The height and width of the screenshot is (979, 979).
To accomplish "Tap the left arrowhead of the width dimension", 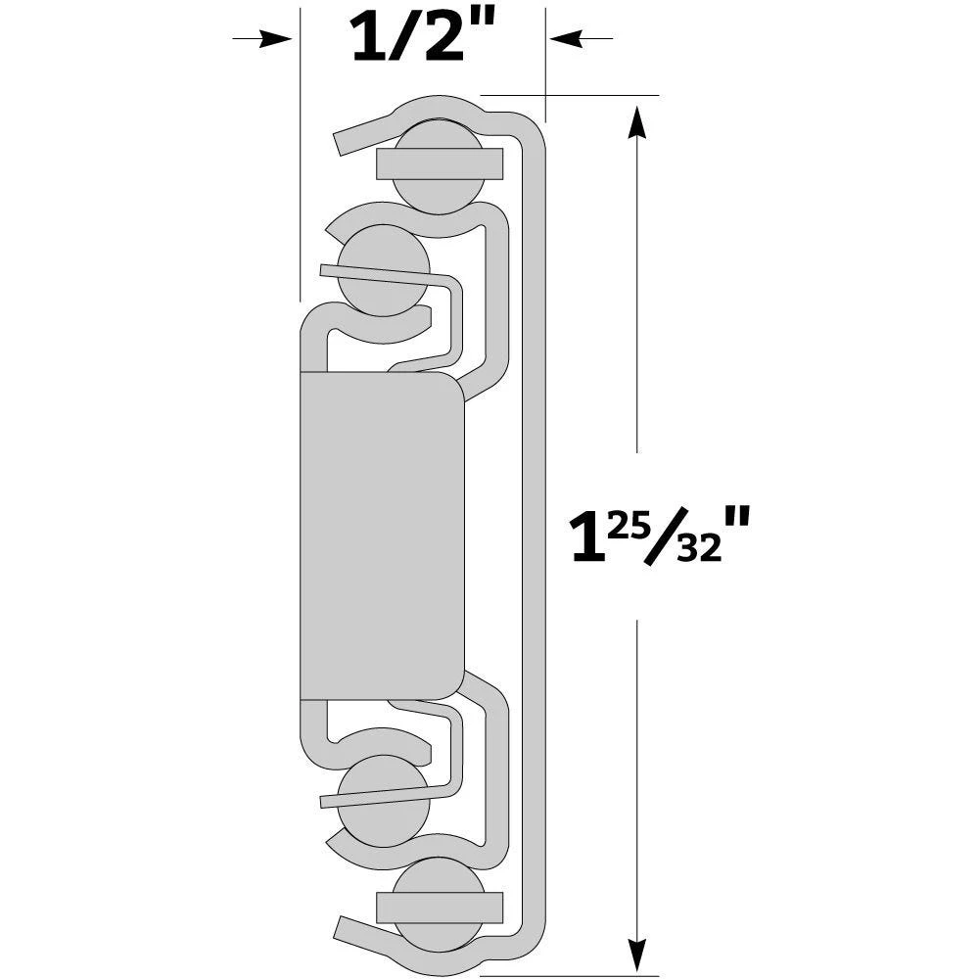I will [x=279, y=38].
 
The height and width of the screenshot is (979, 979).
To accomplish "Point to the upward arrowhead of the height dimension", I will [x=637, y=122].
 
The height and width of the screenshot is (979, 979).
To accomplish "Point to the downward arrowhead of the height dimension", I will [x=637, y=955].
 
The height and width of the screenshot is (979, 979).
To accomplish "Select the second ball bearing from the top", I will [x=385, y=269].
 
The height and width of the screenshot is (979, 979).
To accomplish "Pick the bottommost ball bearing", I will [x=440, y=907].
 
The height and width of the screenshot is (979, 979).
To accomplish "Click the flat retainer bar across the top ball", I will [x=440, y=163].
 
